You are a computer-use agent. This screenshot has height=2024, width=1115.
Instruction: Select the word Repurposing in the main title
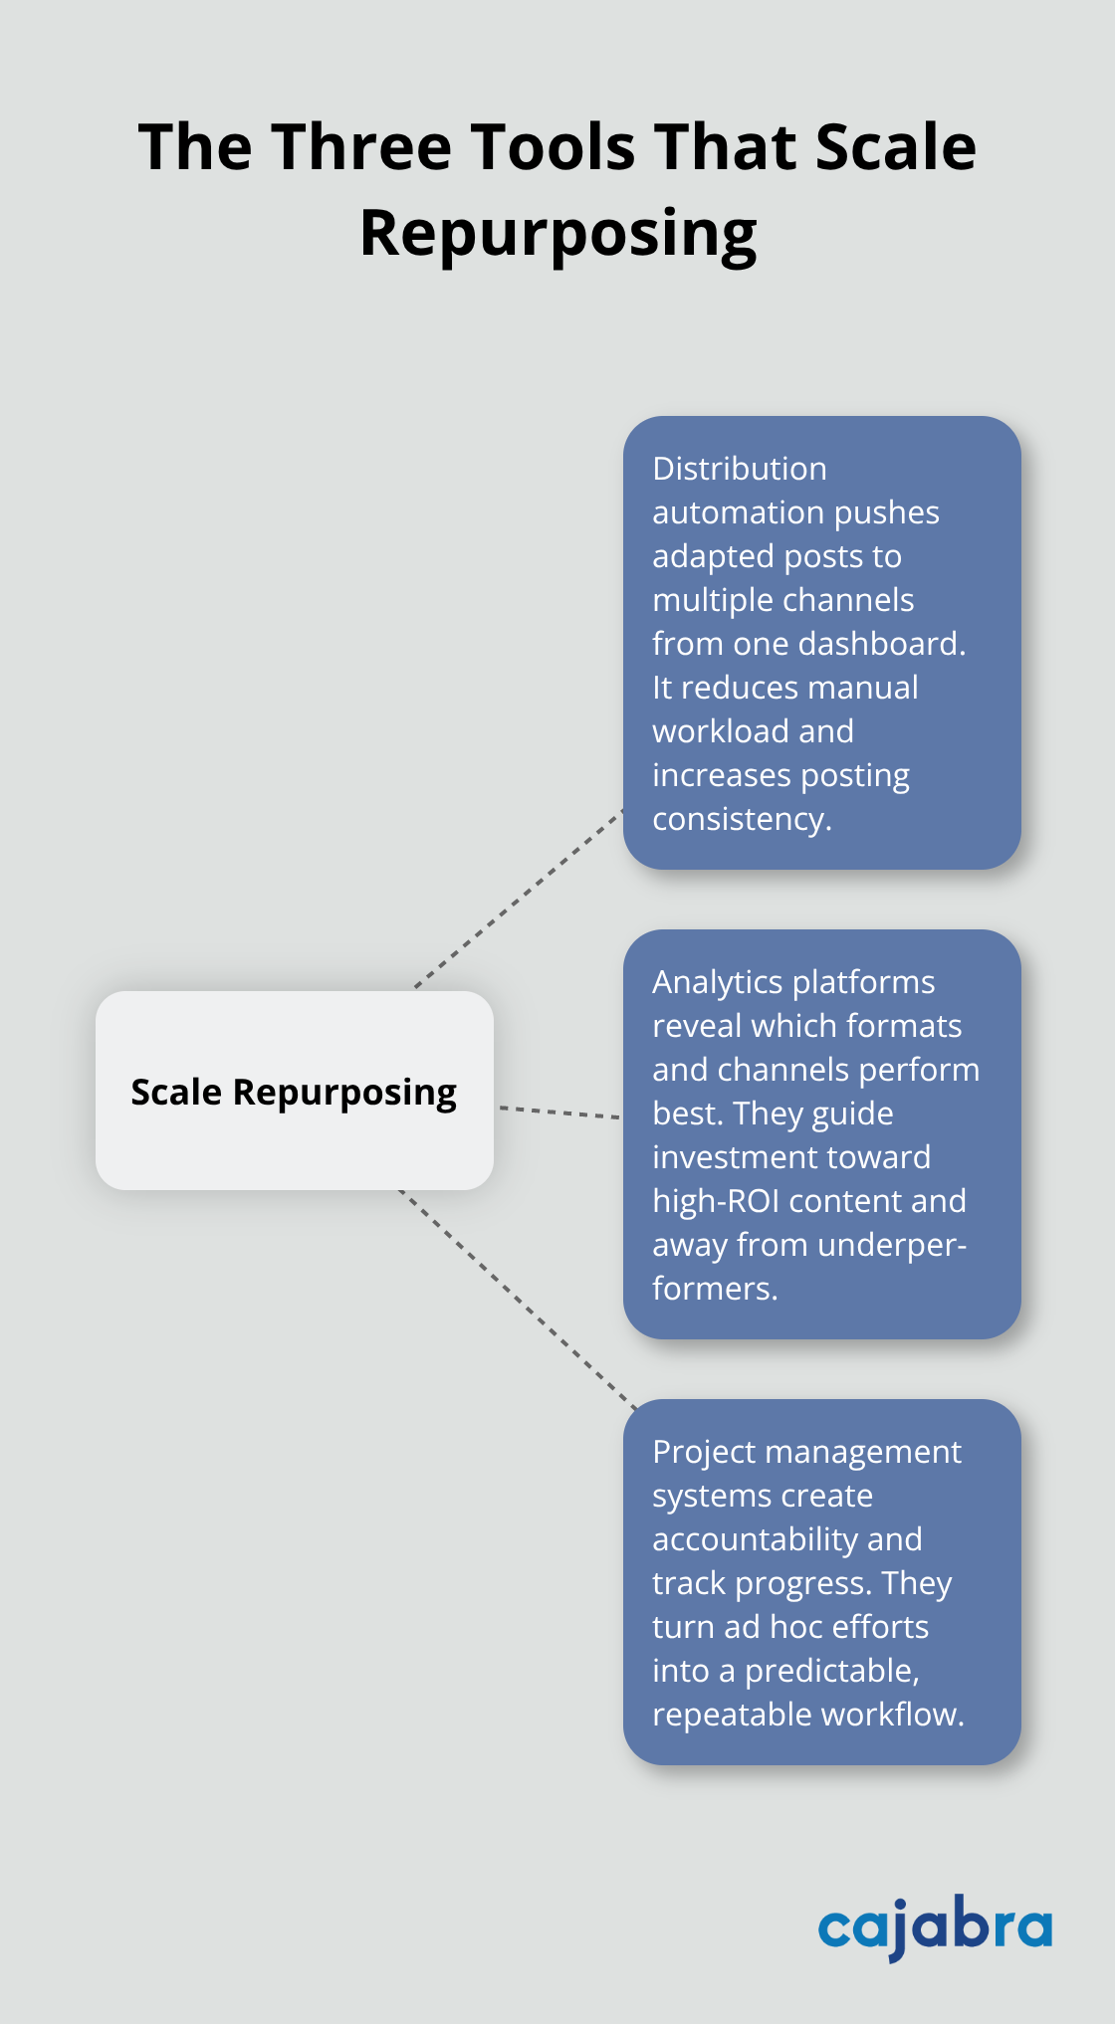(557, 235)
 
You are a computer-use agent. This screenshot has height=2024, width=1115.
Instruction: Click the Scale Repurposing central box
(294, 1091)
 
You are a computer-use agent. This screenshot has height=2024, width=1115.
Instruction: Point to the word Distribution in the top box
(739, 469)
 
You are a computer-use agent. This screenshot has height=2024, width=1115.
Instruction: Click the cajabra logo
(934, 1928)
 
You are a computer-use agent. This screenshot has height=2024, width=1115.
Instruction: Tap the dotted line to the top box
(518, 900)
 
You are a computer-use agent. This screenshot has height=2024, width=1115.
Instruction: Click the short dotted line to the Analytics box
(558, 1112)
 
